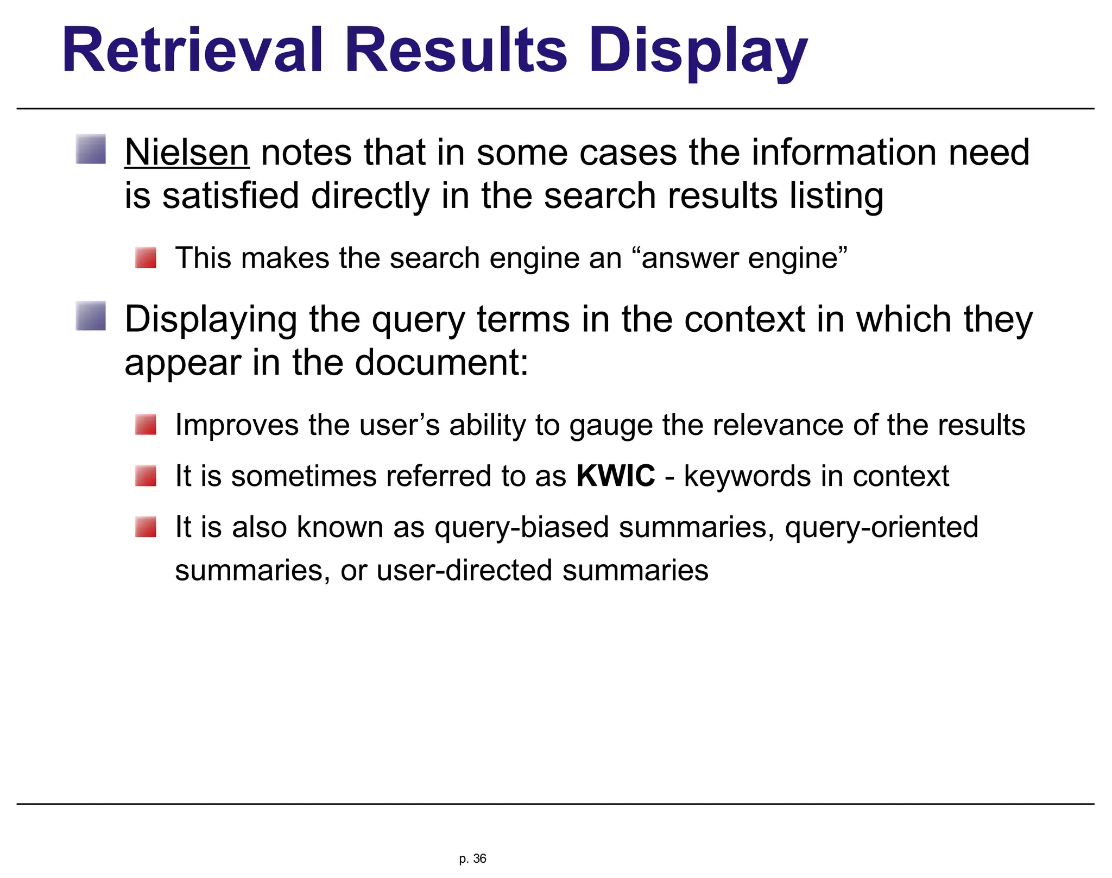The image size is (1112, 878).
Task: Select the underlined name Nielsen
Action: (187, 153)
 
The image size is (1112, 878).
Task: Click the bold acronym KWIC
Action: (616, 476)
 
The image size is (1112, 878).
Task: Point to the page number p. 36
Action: (472, 858)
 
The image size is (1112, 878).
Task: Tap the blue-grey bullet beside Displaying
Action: (91, 316)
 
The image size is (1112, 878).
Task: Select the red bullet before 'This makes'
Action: (146, 257)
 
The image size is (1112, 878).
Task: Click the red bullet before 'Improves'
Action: (146, 425)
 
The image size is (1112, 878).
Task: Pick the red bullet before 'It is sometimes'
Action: (146, 476)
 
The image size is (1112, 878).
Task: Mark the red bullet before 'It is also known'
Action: (146, 527)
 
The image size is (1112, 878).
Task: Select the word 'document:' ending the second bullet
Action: (441, 363)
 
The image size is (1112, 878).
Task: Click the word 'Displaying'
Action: (211, 320)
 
